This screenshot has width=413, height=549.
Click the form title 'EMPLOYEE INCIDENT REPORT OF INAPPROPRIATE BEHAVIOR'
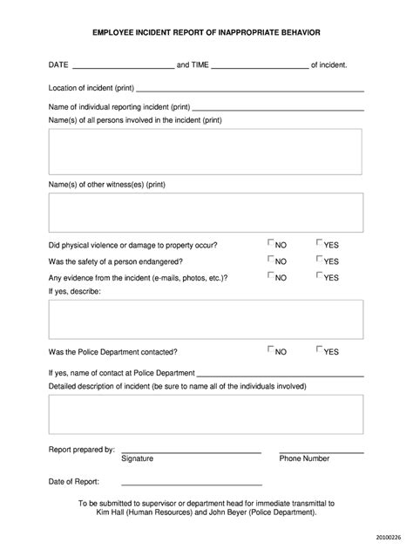206,31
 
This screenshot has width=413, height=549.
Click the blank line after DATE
123,66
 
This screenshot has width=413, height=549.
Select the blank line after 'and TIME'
260,66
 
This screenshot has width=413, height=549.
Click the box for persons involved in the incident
206,152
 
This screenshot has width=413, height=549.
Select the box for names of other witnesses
206,213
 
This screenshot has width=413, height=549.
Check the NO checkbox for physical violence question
271,244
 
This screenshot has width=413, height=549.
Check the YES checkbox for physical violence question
320,244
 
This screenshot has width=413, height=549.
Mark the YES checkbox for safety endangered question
320,260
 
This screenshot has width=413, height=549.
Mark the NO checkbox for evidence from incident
271,276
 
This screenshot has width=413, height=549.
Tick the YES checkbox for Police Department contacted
320,350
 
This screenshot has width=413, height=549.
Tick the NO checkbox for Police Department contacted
271,350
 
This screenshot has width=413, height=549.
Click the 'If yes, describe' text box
206,318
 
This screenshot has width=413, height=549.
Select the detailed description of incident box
206,415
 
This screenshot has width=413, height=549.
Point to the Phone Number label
304,458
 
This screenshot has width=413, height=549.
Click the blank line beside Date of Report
192,483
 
